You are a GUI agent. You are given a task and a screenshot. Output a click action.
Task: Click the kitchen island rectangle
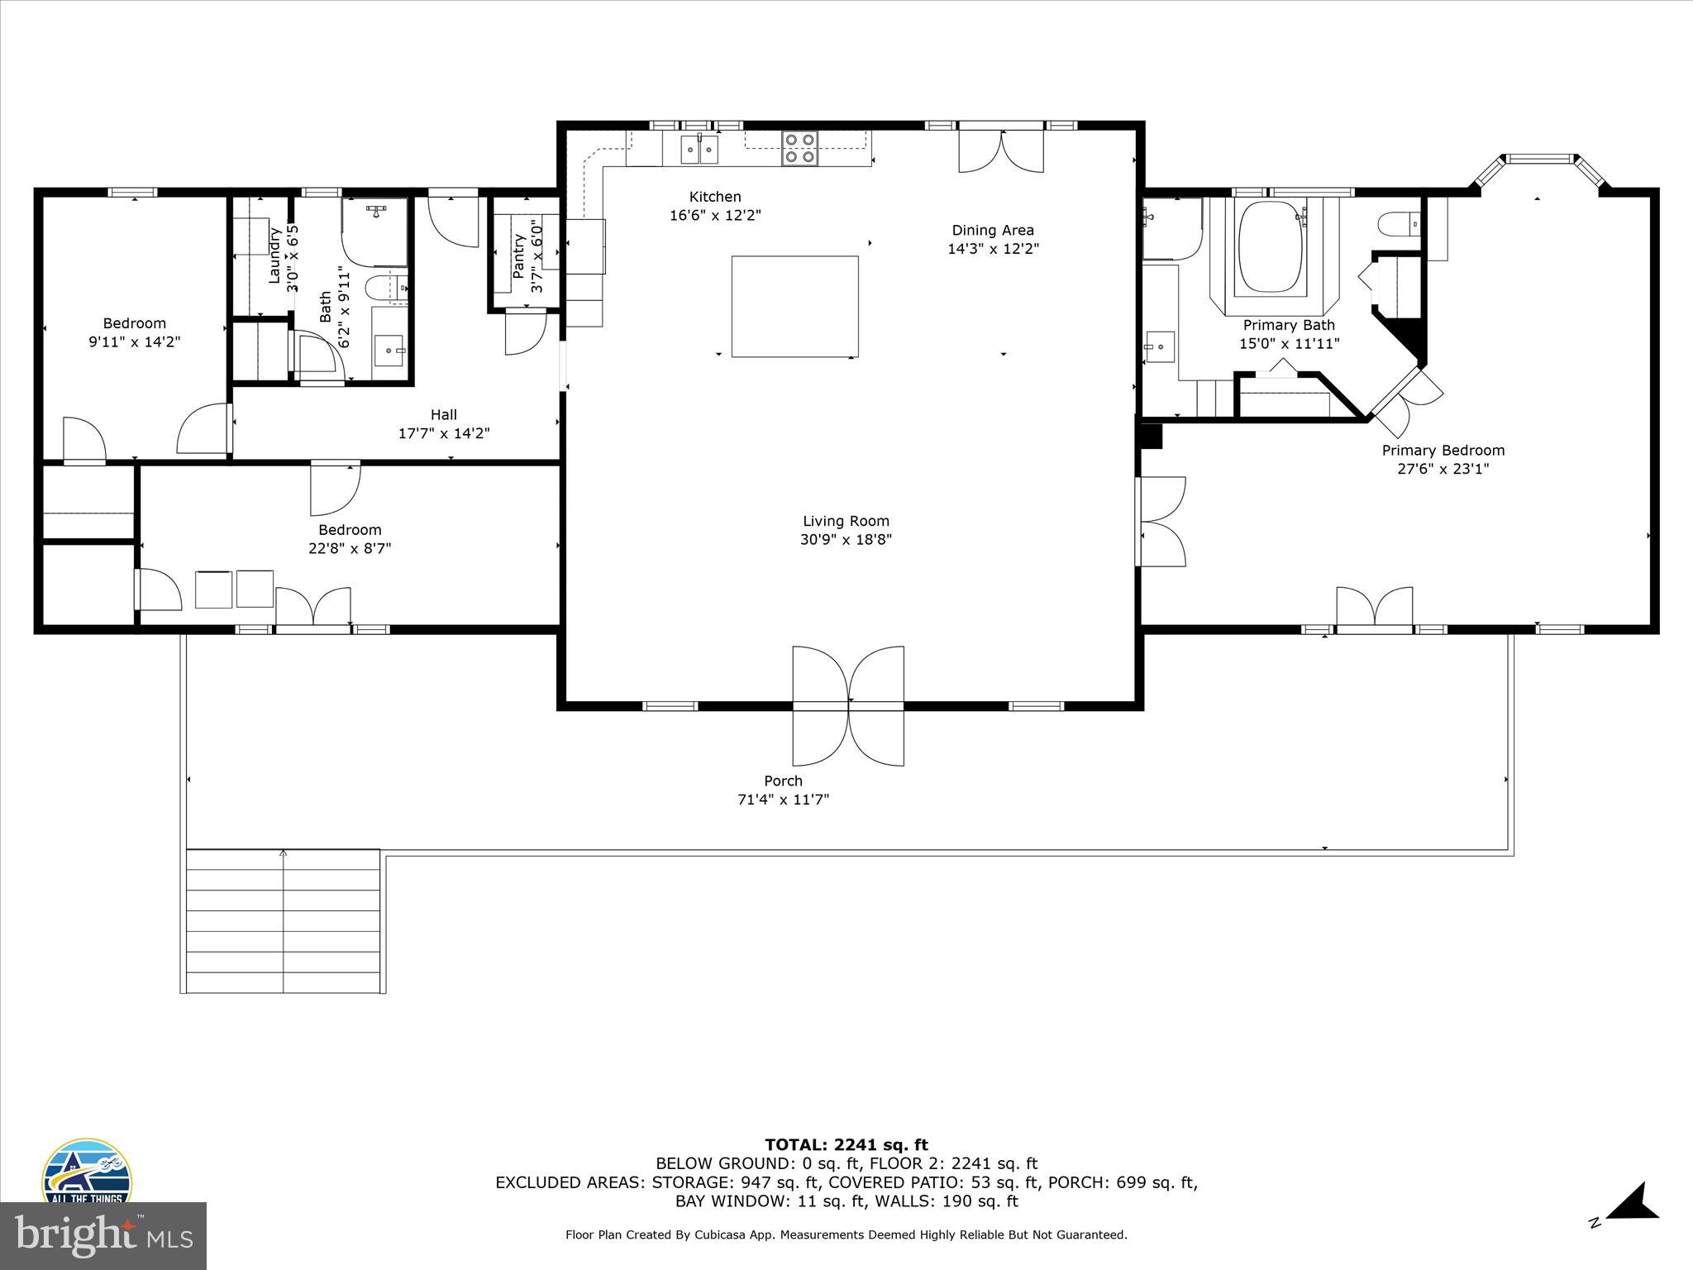[x=794, y=307]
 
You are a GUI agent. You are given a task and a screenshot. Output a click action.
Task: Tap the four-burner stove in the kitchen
[x=799, y=149]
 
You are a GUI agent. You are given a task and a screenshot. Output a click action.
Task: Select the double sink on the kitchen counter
[x=699, y=150]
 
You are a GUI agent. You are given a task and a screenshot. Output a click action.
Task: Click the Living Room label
[x=846, y=521]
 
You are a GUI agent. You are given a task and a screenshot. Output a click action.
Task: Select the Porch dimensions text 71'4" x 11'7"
[x=783, y=800]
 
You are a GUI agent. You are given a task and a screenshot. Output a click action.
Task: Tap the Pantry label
[x=519, y=255]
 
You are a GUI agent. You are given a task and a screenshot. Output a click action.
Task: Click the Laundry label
[x=275, y=256]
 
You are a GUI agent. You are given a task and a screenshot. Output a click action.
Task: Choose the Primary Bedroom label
[x=1443, y=451]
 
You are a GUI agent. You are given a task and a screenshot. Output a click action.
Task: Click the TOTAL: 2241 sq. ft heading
[x=846, y=1145]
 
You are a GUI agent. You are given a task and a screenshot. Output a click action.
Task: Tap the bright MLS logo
[x=103, y=1236]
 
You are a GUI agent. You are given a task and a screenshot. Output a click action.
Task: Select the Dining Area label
[x=992, y=231]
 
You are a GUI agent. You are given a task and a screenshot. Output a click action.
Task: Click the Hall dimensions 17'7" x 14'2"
[x=444, y=433]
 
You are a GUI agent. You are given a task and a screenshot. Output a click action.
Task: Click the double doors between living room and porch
[x=848, y=705]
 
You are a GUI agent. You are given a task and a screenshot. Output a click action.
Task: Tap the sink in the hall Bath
[x=389, y=351]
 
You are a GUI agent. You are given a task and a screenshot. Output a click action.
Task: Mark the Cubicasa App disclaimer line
[x=846, y=1235]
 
